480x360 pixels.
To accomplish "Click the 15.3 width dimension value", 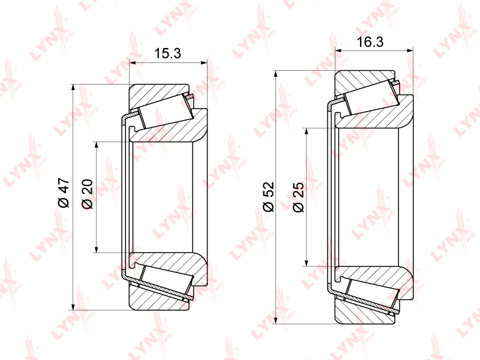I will click(x=168, y=54).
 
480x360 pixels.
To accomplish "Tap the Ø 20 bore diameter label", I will click(x=86, y=194).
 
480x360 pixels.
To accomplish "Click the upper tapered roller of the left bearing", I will click(x=163, y=112).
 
